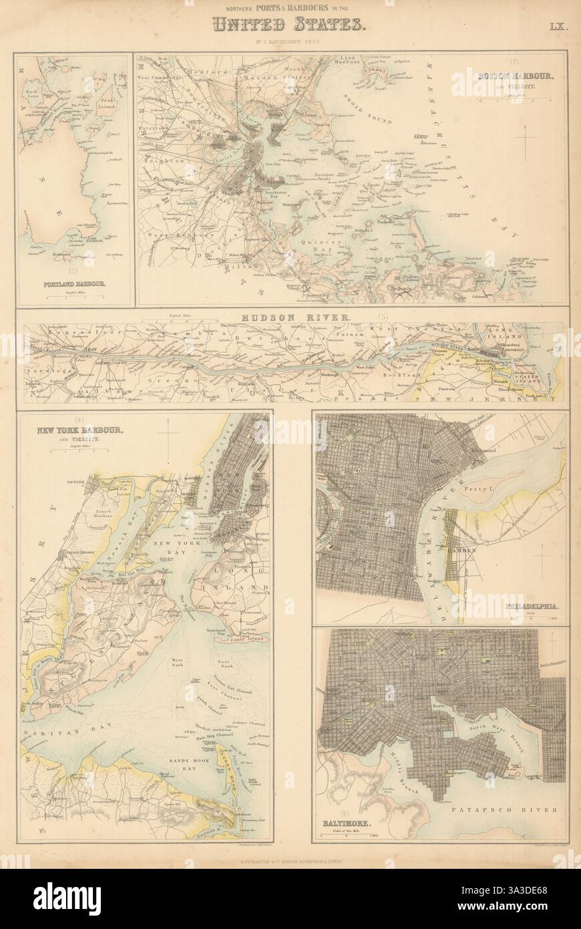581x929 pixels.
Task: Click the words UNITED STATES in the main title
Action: [x=290, y=25]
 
